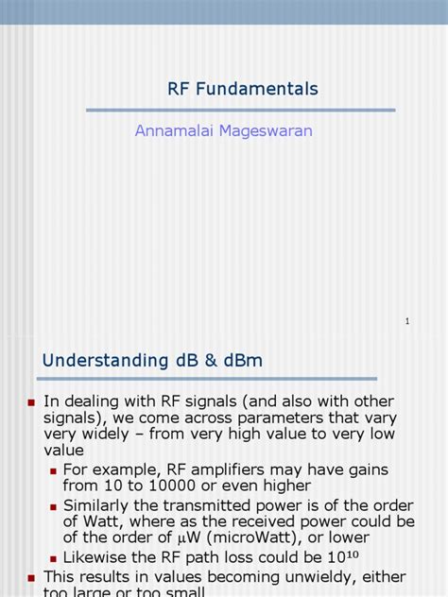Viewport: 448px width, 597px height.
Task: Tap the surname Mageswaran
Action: point(267,131)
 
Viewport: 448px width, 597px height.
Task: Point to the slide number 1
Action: point(407,322)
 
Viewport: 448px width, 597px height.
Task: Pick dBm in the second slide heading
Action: point(238,361)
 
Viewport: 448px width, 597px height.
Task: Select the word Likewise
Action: point(97,557)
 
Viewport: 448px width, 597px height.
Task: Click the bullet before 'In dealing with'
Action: point(31,402)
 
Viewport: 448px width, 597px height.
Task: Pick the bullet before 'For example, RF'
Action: point(54,470)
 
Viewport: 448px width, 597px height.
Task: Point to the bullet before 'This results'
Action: point(31,577)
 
